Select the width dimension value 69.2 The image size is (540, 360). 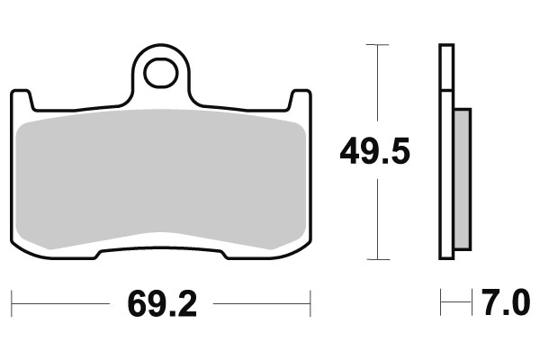pyautogui.click(x=161, y=304)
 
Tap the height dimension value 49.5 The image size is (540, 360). pyautogui.click(x=375, y=152)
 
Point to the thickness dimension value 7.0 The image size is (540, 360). pyautogui.click(x=505, y=304)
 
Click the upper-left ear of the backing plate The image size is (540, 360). pyautogui.click(x=21, y=97)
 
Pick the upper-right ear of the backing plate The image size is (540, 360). pyautogui.click(x=301, y=97)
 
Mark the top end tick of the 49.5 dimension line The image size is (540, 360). pyautogui.click(x=376, y=44)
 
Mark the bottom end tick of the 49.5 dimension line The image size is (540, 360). pyautogui.click(x=376, y=259)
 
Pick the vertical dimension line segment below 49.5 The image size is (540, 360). pyautogui.click(x=376, y=216)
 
